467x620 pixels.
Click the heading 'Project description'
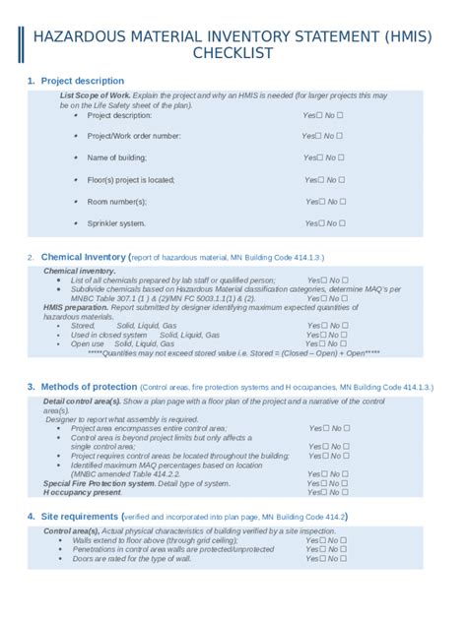click(x=83, y=81)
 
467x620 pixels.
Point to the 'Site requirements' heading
click(x=80, y=517)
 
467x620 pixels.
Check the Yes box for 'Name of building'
click(x=320, y=157)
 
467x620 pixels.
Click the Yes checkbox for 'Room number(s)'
click(x=320, y=202)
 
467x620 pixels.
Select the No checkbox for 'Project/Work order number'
click(x=339, y=136)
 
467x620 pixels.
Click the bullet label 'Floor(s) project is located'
click(x=131, y=180)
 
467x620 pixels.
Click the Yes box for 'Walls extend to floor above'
click(x=321, y=540)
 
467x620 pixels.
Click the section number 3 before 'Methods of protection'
click(x=31, y=387)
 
